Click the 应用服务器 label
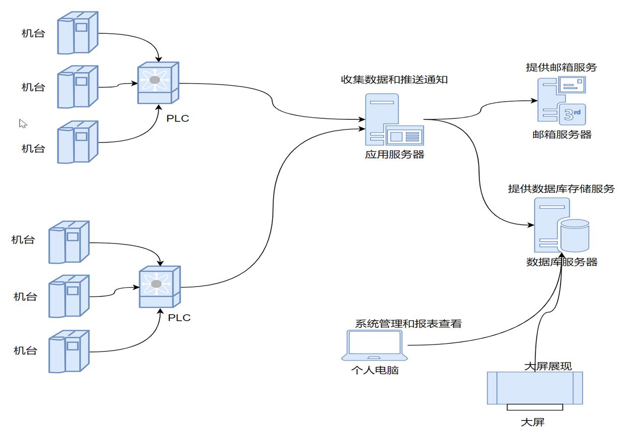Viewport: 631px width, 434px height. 395,155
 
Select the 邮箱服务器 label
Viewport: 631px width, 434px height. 562,134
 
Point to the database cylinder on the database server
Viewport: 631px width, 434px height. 575,235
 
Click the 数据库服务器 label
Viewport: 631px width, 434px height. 562,262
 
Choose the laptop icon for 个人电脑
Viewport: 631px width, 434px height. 374,345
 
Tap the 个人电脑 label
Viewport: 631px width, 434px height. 375,370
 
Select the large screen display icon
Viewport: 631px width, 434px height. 535,389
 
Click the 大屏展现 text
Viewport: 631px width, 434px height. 548,366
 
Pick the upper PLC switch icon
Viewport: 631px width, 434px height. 158,83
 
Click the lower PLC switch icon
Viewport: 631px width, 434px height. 159,286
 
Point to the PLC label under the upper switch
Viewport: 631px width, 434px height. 178,119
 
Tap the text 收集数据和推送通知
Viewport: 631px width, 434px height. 394,80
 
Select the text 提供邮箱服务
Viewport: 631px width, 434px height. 561,67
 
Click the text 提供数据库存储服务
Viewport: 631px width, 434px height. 561,189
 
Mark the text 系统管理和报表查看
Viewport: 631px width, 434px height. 408,324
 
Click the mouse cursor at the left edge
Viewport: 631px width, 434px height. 23,123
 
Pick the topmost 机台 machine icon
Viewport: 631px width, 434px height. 77,33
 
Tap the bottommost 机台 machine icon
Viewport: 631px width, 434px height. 69,351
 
